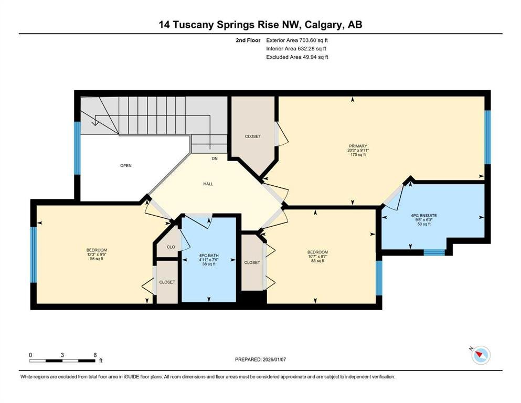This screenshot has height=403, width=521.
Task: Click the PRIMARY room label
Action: pos(358,146)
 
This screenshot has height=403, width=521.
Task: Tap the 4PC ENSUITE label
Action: pos(423,216)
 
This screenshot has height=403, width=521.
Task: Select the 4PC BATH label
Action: pos(209,256)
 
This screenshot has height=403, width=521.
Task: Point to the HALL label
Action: pos(208,184)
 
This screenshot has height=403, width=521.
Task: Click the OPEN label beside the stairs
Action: pos(126,165)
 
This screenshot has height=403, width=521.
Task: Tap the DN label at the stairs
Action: pos(215,158)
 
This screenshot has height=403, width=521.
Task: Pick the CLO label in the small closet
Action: pos(171,247)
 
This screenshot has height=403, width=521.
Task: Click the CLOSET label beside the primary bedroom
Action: pos(253,136)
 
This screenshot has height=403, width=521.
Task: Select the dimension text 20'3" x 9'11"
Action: pos(358,151)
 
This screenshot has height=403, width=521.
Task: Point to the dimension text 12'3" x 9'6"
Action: pos(97,254)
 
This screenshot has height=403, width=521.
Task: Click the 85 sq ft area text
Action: pos(317,261)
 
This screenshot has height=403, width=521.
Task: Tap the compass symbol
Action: pos(481,355)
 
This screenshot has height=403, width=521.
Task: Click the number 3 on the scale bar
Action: pos(62,355)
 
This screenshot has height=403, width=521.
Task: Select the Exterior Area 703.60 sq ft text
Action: pos(297,40)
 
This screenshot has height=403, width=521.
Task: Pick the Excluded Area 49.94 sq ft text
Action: pos(297,57)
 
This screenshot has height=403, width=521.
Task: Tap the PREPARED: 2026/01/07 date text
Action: pos(260,359)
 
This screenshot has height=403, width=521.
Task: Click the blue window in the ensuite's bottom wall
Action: pos(434,252)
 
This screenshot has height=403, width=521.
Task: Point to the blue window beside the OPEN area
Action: pos(77,148)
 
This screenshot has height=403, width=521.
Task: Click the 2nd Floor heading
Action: pos(248,40)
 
